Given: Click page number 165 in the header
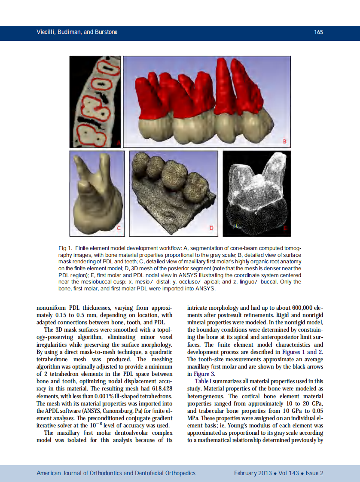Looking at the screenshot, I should pos(318,32).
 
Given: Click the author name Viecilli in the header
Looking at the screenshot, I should pos(46,32).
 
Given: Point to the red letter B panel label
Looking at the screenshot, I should pos(284,141).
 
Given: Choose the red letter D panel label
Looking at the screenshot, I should pos(211,228).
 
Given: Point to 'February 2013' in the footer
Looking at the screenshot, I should pos(253,473).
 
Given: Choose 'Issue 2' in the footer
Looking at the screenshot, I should pos(314,473).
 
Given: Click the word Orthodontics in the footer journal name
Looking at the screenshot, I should pos(103,473).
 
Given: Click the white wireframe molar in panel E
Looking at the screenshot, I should pos(256,193).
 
